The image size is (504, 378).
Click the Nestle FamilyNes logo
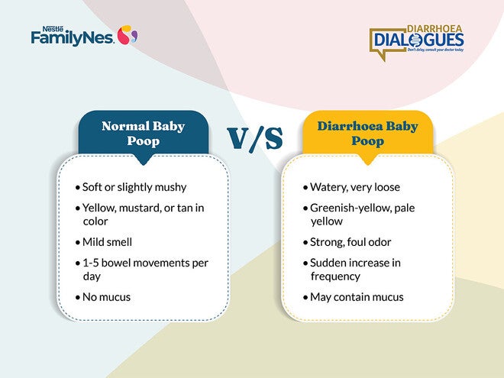[84, 35]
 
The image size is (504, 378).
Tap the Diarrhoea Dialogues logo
[416, 39]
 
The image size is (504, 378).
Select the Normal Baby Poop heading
[143, 133]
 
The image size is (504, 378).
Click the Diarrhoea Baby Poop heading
[367, 133]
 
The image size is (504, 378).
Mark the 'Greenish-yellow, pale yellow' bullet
[362, 215]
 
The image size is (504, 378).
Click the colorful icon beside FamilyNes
[128, 34]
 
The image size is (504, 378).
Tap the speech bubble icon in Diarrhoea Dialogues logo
[384, 41]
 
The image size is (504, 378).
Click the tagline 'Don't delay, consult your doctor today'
[435, 50]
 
